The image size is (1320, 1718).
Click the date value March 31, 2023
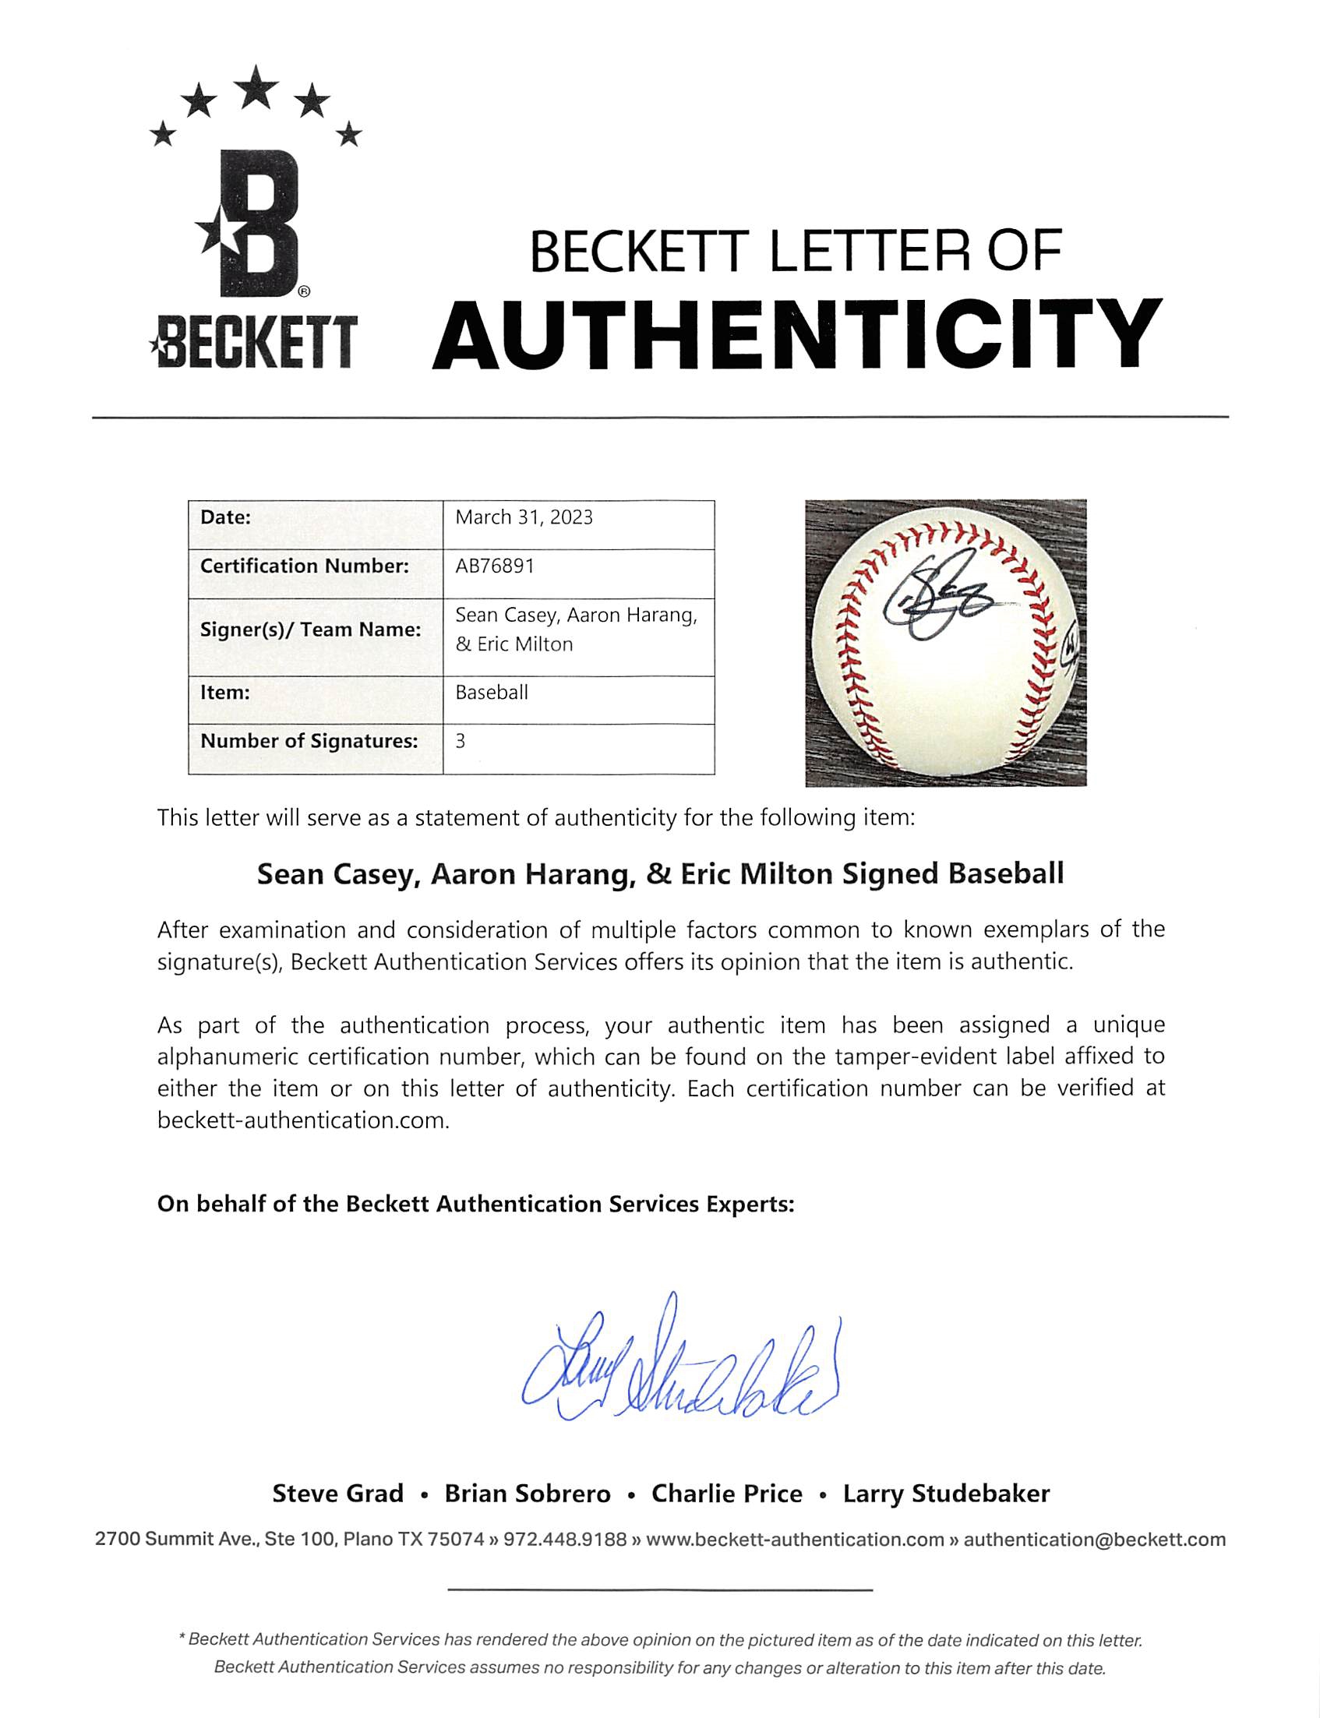tap(524, 517)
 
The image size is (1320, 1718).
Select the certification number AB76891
tap(495, 566)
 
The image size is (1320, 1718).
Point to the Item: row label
tap(225, 692)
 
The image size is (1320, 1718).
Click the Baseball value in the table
tap(492, 692)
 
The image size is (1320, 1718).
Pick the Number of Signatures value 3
tap(461, 741)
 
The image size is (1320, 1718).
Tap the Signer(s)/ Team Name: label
tap(310, 630)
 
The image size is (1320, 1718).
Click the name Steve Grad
tap(338, 1494)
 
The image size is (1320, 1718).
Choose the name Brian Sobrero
tap(528, 1494)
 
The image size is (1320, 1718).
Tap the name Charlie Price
tap(727, 1494)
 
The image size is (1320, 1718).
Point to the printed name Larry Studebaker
tap(946, 1494)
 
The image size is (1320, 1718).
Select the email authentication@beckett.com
tap(1095, 1539)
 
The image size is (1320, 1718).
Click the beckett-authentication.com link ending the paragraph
tap(303, 1120)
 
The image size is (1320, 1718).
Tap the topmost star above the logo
tap(255, 86)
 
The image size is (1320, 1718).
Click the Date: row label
tap(225, 517)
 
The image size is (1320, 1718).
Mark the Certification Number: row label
tap(304, 566)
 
